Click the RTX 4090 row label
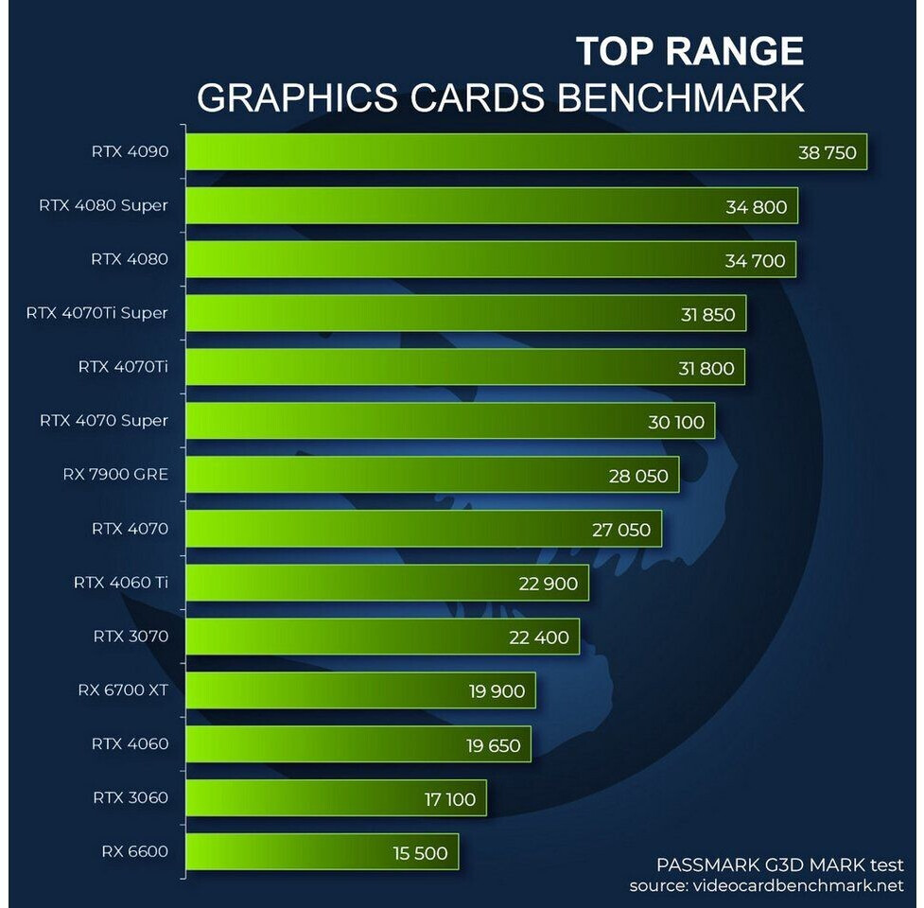tap(130, 151)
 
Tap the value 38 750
tap(827, 152)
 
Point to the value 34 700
tap(755, 260)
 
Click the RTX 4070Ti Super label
tap(97, 313)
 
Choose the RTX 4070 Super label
tap(104, 421)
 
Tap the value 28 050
tap(637, 476)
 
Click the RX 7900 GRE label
tap(115, 475)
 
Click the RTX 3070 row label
tap(131, 637)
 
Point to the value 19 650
tap(493, 745)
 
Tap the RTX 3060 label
tap(131, 797)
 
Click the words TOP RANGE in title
tap(689, 51)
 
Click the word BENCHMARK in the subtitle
tap(680, 97)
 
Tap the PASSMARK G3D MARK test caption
tap(780, 864)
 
